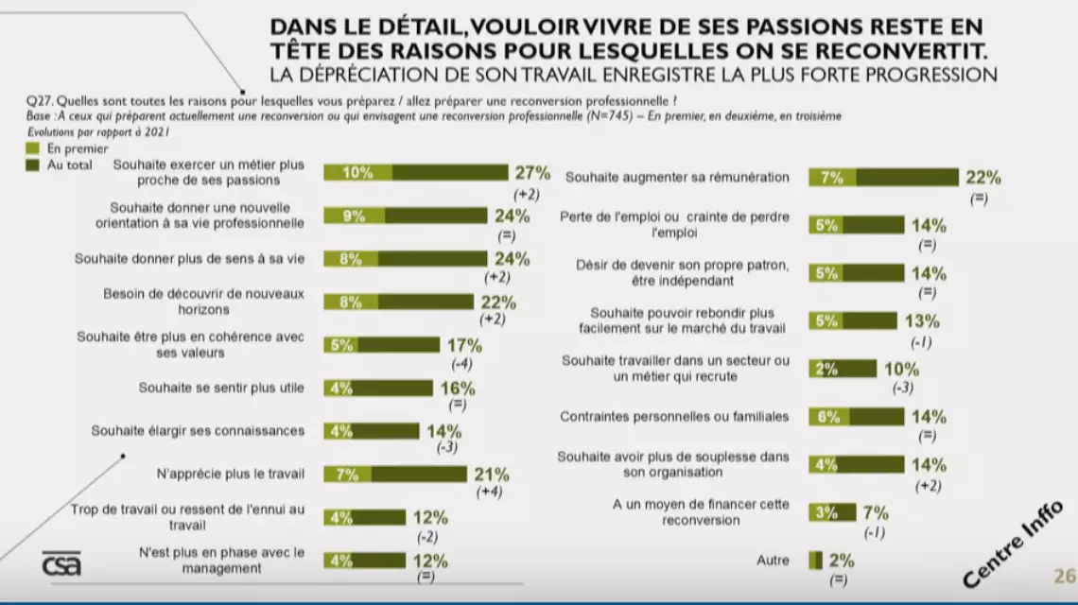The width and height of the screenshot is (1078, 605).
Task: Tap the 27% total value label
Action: [531, 172]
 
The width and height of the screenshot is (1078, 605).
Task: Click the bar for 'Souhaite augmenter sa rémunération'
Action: [883, 177]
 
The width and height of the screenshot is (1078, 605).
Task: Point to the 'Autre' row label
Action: [773, 561]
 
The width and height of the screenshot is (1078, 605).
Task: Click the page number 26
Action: [1064, 576]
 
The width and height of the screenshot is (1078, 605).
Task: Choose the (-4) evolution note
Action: [462, 364]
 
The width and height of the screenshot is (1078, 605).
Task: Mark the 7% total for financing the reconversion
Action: [876, 513]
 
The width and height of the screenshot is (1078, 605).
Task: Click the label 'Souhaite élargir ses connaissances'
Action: [198, 430]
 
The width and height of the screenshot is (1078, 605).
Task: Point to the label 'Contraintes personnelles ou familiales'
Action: [674, 416]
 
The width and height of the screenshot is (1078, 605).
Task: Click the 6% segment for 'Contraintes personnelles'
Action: [828, 416]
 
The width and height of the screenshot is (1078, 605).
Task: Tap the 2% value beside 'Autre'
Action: [842, 561]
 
